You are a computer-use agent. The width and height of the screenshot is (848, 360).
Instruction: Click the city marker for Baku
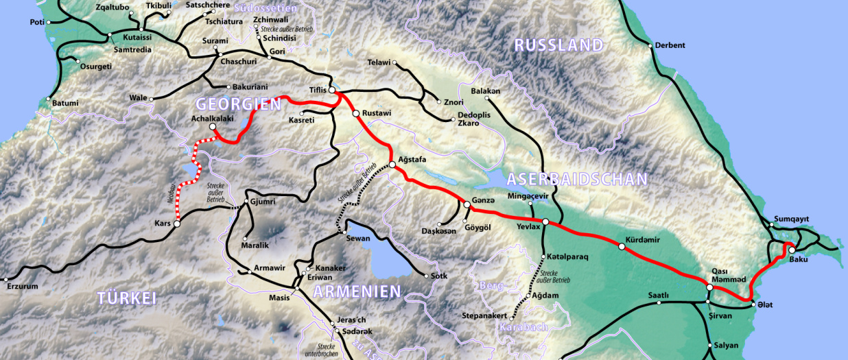coord(791,250)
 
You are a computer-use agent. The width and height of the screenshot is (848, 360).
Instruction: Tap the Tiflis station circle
coord(332,90)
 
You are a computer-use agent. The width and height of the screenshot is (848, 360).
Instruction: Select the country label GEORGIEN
coord(239,104)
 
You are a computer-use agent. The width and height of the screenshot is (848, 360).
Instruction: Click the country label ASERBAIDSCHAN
coord(576,180)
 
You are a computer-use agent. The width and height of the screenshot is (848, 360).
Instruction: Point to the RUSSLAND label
coord(558,46)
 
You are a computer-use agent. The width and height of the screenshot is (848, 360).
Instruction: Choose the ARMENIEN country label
coord(357,291)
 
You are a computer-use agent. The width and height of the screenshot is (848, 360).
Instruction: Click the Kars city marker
coord(177,224)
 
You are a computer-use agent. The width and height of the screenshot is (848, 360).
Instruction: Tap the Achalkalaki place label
coord(213,118)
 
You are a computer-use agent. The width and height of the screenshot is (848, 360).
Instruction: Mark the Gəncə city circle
coord(467,203)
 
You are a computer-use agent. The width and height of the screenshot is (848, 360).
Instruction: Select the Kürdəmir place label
coord(642,240)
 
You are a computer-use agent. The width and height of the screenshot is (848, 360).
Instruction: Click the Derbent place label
coord(670,45)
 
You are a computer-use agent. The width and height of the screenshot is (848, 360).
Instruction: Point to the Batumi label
coord(65,103)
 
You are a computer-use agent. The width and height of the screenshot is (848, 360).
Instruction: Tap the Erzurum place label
coord(23,287)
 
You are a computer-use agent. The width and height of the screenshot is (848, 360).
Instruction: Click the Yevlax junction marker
coord(545,221)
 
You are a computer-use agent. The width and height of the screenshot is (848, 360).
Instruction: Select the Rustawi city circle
coord(356,114)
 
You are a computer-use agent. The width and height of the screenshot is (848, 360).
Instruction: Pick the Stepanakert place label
coord(484,316)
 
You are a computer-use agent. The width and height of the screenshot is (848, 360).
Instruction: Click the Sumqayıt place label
coord(791,219)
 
